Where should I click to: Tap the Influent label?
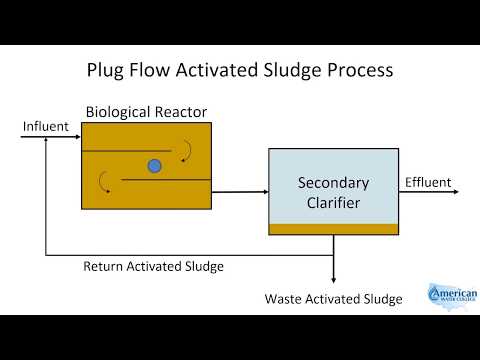coord(44,126)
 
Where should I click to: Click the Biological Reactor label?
coord(146,111)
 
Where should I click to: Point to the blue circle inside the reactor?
coord(154,166)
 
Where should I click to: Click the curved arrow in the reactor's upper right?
coord(185,150)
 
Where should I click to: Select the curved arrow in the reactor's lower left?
coord(105,181)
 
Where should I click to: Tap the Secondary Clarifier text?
coord(333,192)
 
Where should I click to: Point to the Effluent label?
coord(427,182)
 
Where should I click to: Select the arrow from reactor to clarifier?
coord(240,190)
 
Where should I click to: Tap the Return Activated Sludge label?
coord(153,267)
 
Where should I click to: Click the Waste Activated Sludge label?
coord(333,299)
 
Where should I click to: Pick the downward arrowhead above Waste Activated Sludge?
coord(333,280)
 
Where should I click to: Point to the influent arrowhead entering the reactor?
coord(77,138)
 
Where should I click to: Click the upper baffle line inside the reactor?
coord(130,151)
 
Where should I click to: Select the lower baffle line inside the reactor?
coord(165,180)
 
